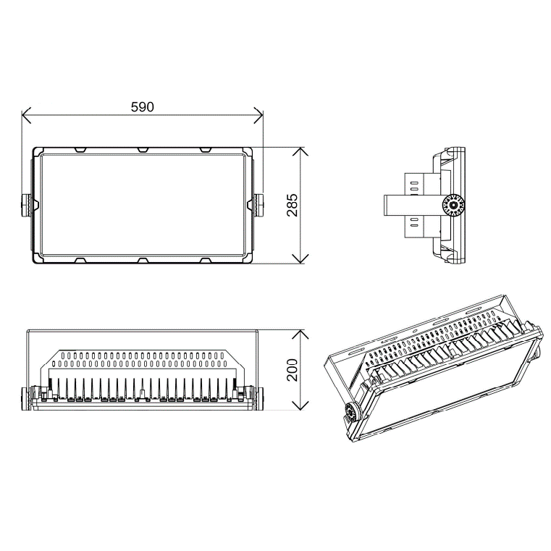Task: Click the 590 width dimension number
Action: click(x=142, y=107)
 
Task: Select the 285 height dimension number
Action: click(x=292, y=206)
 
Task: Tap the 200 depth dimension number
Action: click(x=292, y=369)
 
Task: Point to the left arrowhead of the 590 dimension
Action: click(x=25, y=114)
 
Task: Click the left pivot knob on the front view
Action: click(x=27, y=205)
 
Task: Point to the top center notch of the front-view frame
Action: click(x=143, y=150)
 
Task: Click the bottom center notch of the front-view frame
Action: click(x=143, y=260)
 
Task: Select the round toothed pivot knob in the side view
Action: click(x=454, y=206)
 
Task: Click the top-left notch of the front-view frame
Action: click(x=80, y=150)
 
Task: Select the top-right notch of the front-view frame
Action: click(x=206, y=150)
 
